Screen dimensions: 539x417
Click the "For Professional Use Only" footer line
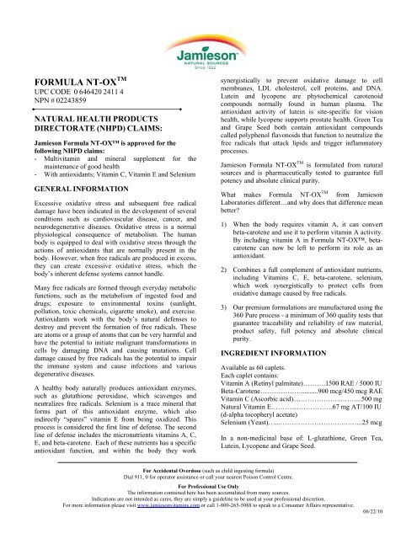click(x=208, y=496)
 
